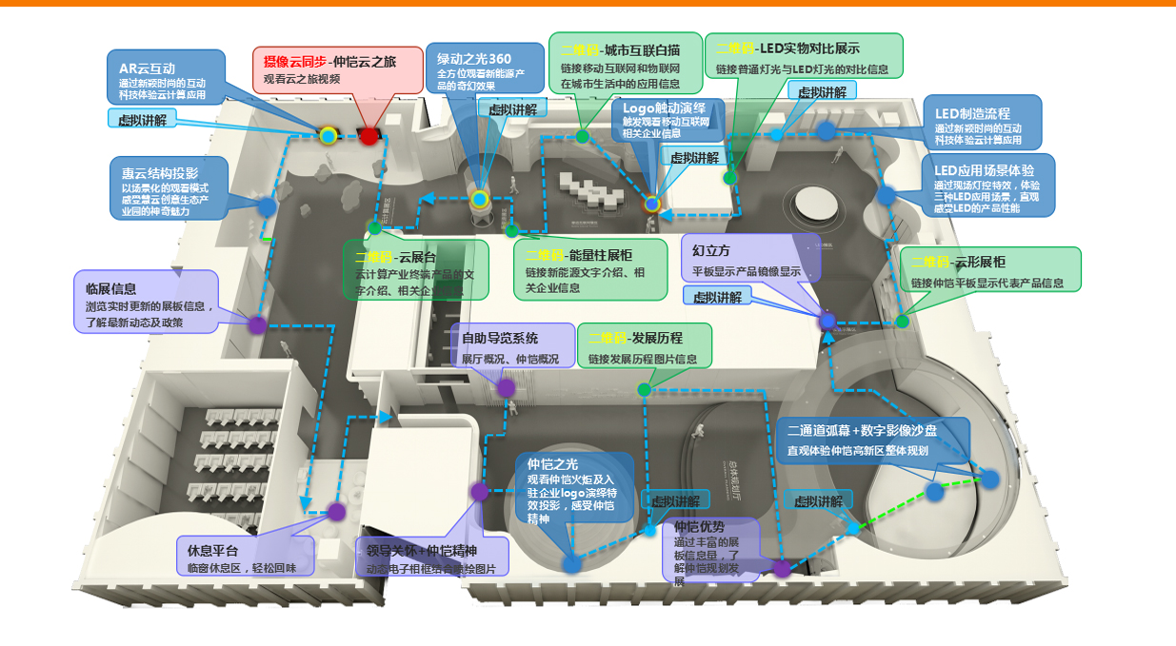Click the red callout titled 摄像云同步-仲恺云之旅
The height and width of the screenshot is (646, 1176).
tap(338, 69)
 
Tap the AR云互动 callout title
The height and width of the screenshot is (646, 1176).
tap(147, 69)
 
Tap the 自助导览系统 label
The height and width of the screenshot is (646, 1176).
tap(500, 338)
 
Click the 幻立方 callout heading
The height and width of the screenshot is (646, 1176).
tap(711, 251)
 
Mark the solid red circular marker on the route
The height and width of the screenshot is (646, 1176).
tap(369, 135)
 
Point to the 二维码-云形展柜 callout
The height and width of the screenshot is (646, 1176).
tap(990, 270)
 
